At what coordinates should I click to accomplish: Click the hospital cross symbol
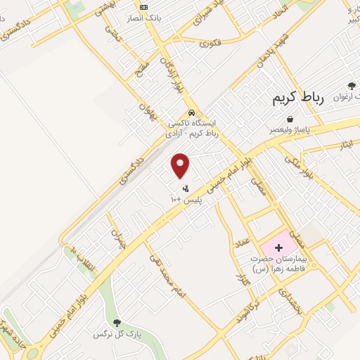pyautogui.click(x=279, y=247)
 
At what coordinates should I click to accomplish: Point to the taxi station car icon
pyautogui.click(x=191, y=112)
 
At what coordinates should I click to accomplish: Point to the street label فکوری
pyautogui.click(x=210, y=43)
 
